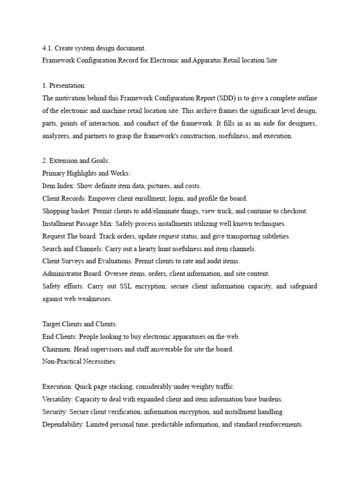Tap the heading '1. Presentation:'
tap(64, 86)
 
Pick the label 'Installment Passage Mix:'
tap(77, 224)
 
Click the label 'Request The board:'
tap(68, 236)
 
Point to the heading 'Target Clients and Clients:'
tap(80, 324)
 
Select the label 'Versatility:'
tap(58, 399)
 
